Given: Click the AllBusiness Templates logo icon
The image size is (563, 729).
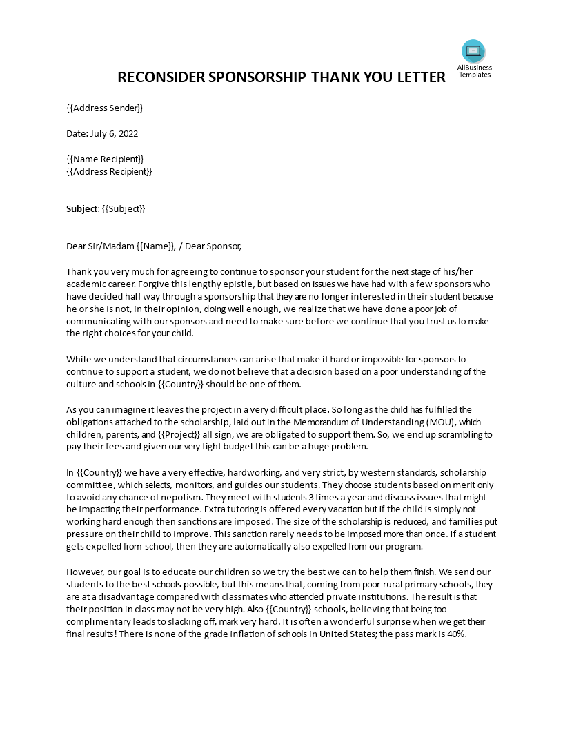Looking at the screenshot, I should pyautogui.click(x=473, y=51).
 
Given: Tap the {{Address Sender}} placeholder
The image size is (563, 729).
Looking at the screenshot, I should pyautogui.click(x=105, y=108).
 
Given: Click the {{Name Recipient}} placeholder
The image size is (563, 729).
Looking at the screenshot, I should pyautogui.click(x=105, y=159).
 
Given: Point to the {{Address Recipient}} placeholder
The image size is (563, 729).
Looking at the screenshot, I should pyautogui.click(x=109, y=171).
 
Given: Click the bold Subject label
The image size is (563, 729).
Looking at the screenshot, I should pyautogui.click(x=82, y=208).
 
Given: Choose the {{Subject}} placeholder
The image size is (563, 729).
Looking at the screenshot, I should pyautogui.click(x=124, y=208).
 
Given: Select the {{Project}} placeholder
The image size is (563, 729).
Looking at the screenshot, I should pyautogui.click(x=180, y=434).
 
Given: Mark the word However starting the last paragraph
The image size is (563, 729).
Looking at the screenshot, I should pyautogui.click(x=86, y=572).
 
